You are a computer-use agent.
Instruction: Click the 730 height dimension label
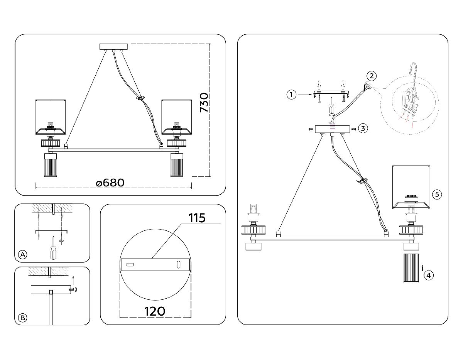[x=204, y=102]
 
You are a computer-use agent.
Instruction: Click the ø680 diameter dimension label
[x=110, y=182]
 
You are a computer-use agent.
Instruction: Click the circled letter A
[x=23, y=254]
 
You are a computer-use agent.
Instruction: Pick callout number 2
[x=371, y=75]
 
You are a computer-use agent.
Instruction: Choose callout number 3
[x=362, y=128]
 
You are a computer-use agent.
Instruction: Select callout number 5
[x=436, y=194]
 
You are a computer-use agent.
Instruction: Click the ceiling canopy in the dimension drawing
[x=113, y=47]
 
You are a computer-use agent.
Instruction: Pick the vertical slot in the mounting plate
[x=178, y=265]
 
